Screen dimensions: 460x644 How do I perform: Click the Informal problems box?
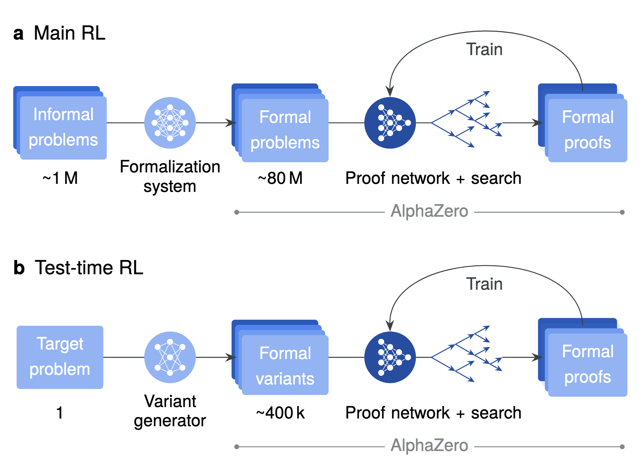coord(63,128)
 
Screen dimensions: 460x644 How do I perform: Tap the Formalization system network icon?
coord(170,123)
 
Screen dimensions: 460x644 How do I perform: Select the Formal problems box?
coord(285,130)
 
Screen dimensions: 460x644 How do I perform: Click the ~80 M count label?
coord(280,178)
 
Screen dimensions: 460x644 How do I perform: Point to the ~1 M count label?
coord(60,178)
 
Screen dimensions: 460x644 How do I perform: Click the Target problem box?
coord(60,357)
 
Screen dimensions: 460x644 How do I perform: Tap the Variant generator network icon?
coord(170,357)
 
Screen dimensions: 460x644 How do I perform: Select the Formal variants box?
coord(285,365)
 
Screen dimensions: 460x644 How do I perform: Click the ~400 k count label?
coord(280,413)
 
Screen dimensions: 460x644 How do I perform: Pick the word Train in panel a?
coord(484,50)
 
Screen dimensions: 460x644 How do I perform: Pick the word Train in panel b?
coord(484,284)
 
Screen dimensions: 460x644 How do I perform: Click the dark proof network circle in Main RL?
coord(390,123)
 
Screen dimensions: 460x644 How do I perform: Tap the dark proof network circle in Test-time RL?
coord(390,357)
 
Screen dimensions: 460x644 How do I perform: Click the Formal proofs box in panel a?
coord(587,130)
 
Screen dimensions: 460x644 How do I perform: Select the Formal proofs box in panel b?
coord(587,365)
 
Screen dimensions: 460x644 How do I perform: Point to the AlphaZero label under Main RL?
coord(429,211)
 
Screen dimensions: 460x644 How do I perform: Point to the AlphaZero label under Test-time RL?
coord(429,446)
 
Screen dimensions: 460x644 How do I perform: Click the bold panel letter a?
coord(18,33)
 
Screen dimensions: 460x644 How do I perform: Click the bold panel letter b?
coord(19,268)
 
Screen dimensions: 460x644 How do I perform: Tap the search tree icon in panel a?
coord(466,119)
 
